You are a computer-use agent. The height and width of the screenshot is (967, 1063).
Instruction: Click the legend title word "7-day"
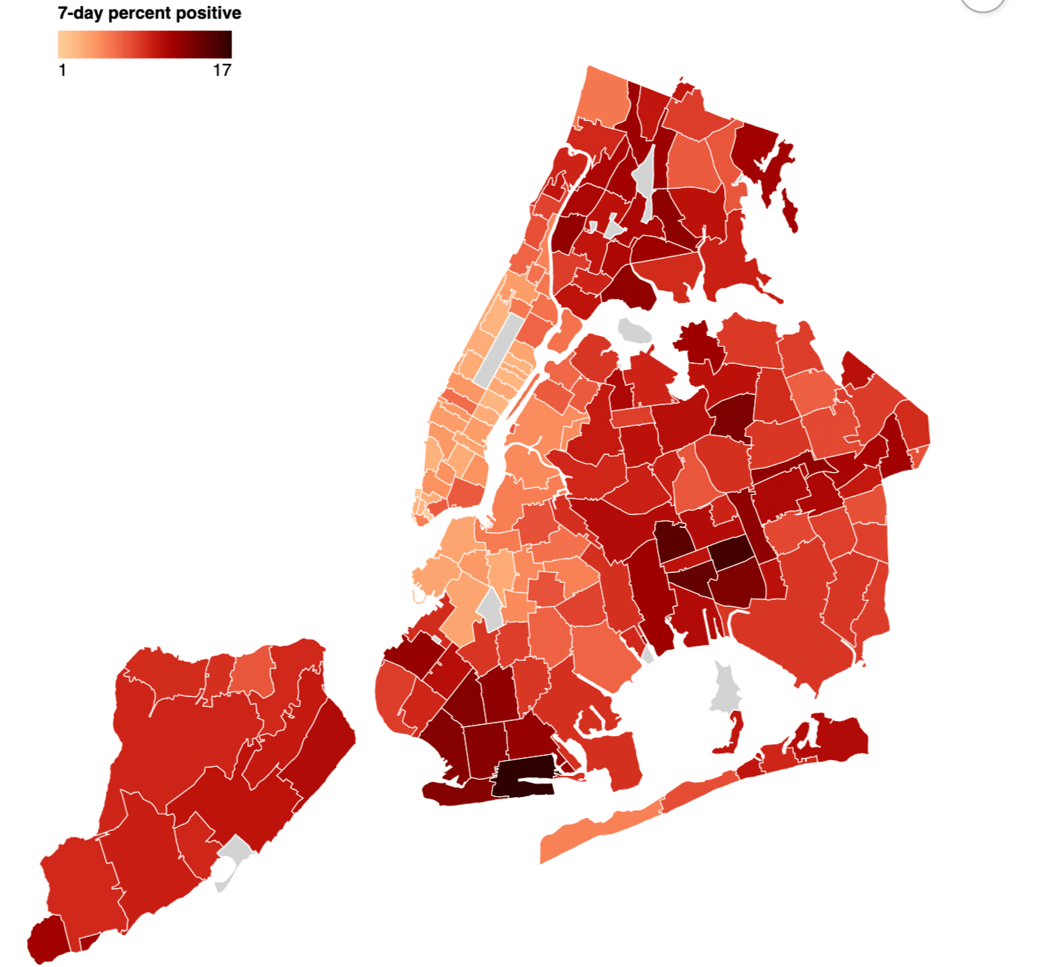tap(80, 13)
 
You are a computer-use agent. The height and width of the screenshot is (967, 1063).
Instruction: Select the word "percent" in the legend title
tap(141, 13)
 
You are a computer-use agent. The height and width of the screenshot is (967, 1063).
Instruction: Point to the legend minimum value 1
tap(62, 70)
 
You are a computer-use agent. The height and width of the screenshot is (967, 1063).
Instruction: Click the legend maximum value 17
tap(222, 70)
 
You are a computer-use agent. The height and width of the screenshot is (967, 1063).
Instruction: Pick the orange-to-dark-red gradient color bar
tap(144, 44)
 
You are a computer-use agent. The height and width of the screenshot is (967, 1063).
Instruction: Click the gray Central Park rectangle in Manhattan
tap(498, 350)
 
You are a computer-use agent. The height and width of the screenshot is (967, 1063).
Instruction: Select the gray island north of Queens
tap(634, 330)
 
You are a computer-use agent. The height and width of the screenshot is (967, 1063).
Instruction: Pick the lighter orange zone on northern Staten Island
tap(252, 671)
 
